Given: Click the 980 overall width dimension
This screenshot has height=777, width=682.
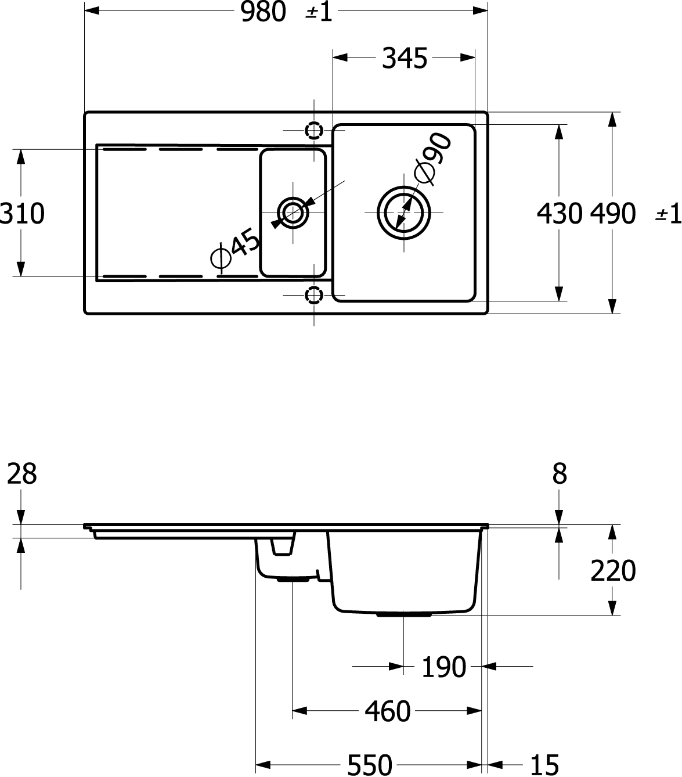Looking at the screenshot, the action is click(263, 12).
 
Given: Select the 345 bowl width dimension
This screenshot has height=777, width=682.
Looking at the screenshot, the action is click(405, 58).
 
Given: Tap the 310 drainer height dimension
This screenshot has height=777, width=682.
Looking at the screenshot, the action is click(22, 214).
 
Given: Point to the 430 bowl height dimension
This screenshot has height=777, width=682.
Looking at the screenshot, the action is click(560, 214).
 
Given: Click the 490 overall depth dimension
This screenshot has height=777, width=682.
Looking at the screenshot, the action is click(612, 214).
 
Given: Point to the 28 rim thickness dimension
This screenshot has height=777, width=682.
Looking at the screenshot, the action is click(22, 474).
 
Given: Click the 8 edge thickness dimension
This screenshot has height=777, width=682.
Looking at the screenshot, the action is click(560, 474).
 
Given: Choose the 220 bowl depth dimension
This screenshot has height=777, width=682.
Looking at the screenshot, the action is click(613, 571).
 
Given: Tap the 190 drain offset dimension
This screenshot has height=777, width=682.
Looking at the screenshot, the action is click(443, 667).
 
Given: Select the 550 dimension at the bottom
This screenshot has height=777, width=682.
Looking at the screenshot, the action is click(370, 765).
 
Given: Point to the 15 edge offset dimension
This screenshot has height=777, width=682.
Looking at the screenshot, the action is click(544, 765).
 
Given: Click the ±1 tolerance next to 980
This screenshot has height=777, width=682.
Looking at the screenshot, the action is click(319, 12).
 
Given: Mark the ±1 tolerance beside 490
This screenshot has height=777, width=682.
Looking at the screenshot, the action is click(668, 214).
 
